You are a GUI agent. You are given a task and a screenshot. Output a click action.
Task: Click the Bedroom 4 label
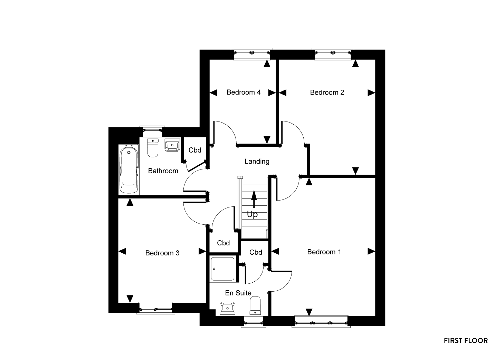click(244, 92)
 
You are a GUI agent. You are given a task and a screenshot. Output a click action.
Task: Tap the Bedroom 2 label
click(327, 93)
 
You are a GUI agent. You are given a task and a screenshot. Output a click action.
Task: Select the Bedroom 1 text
click(324, 252)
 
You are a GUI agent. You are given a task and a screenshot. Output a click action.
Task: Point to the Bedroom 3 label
click(162, 253)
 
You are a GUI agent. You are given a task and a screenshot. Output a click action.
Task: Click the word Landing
click(257, 162)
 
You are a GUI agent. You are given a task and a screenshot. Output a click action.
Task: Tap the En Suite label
click(238, 293)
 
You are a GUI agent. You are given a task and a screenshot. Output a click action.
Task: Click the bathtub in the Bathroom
click(129, 170)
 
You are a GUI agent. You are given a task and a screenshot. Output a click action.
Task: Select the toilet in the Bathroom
click(153, 147)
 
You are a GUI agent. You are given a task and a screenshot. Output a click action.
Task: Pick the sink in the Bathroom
click(172, 145)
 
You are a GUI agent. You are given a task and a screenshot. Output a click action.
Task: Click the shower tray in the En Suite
click(222, 269)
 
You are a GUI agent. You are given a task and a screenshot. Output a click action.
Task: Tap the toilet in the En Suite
click(255, 305)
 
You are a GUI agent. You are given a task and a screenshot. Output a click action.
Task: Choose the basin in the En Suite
click(227, 308)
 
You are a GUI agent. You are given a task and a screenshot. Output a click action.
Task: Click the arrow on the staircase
click(254, 199)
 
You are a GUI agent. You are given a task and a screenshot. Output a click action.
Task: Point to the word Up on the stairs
click(252, 214)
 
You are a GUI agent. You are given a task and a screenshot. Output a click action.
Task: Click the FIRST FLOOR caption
click(466, 341)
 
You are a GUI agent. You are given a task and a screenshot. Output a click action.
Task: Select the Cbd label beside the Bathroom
click(195, 150)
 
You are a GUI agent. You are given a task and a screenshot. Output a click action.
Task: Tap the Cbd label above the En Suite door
click(256, 252)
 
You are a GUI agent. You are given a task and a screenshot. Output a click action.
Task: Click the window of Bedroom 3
click(156, 308)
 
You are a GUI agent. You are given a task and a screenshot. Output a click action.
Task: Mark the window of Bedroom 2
click(333, 54)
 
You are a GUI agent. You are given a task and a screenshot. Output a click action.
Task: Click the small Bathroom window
click(152, 132)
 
